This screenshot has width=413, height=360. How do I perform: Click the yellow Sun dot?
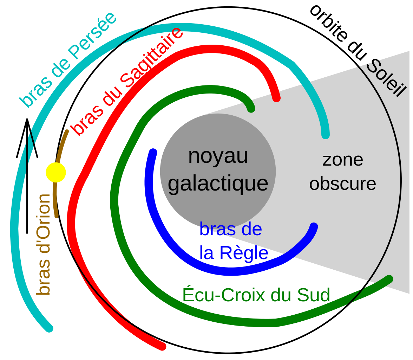56,173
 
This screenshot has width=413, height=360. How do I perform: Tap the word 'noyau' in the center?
218,156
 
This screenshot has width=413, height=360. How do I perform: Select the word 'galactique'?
218,183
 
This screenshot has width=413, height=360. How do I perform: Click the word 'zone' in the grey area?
342,160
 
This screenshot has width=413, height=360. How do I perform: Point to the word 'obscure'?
342,184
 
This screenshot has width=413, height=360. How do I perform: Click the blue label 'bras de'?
231,229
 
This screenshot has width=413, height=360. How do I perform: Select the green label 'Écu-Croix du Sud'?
256,295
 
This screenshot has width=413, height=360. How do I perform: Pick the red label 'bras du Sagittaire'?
127,82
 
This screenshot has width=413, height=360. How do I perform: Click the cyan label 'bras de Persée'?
67,60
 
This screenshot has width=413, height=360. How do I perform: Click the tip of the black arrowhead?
27,120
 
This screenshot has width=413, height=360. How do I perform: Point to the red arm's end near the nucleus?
276,98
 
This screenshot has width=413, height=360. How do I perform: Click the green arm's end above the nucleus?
251,109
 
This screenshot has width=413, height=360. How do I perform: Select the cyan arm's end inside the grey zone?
326,135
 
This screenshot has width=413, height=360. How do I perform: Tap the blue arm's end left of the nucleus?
153,152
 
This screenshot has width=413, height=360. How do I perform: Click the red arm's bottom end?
162,347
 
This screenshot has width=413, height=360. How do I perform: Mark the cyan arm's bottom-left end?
50,328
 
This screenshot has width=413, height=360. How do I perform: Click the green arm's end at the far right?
389,279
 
